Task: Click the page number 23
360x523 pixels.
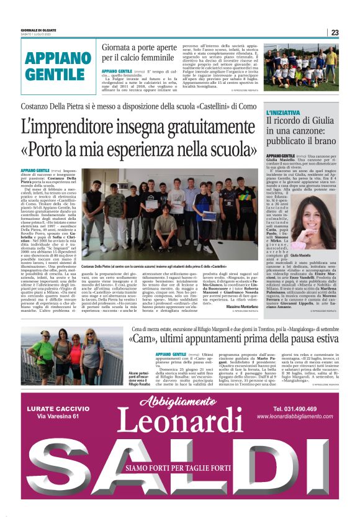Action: point(335,33)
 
